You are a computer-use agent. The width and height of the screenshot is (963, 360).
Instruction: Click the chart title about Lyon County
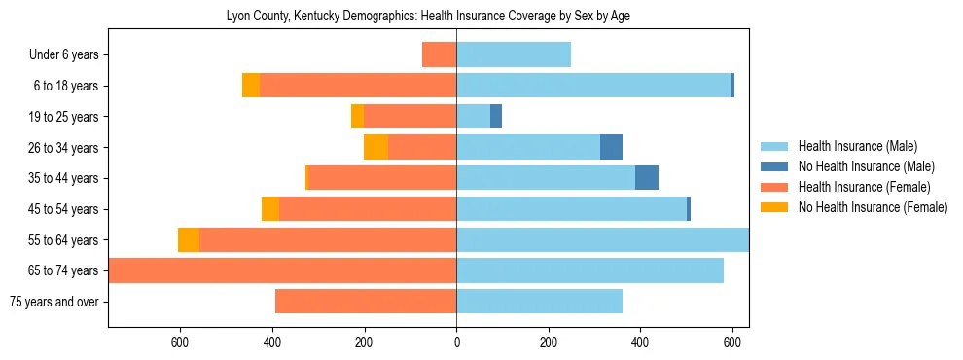click(429, 17)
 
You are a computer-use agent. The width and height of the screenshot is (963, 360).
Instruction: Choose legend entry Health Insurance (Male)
click(857, 146)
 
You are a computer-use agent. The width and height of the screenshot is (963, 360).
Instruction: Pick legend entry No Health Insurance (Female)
click(873, 207)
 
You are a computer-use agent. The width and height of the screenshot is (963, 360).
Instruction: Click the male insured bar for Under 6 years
click(514, 54)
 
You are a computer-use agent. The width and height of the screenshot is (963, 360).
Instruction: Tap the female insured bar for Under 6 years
click(440, 54)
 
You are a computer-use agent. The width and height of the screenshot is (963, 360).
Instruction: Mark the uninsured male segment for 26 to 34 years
click(611, 147)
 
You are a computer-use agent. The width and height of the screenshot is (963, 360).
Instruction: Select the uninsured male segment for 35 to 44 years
click(647, 178)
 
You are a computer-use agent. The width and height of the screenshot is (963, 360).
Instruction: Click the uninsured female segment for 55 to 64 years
click(189, 240)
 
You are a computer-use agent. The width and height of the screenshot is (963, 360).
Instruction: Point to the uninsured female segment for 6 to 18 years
click(251, 86)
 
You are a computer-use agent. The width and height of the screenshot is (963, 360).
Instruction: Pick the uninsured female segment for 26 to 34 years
click(375, 147)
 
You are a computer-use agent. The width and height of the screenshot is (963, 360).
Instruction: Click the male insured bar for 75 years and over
click(540, 302)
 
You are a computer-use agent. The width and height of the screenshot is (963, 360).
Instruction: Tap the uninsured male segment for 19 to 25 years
click(496, 117)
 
